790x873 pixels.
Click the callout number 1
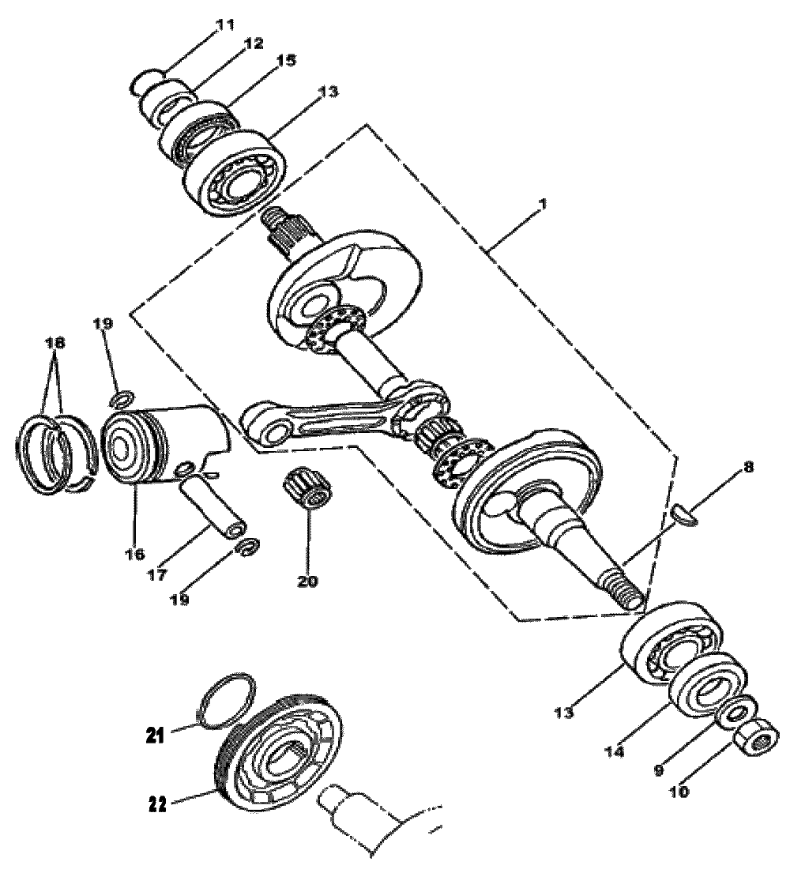542,205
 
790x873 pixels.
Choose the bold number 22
158,805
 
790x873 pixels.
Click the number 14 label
614,751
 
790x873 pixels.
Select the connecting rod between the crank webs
345,418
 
